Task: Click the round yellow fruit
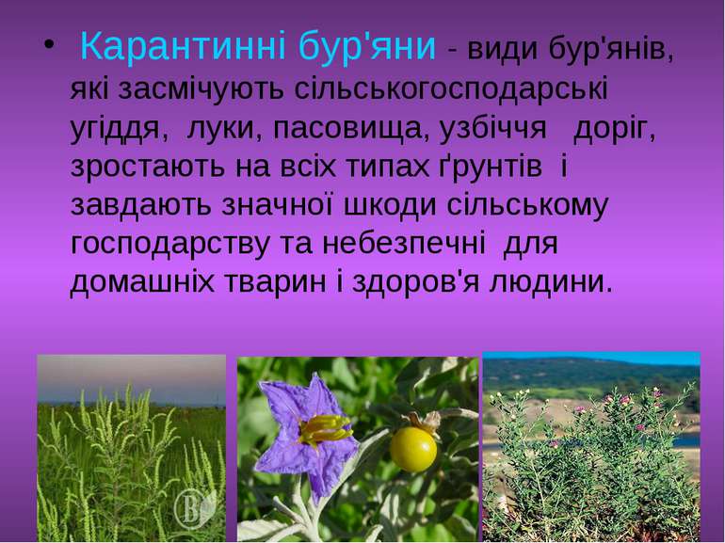pyautogui.click(x=413, y=450)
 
